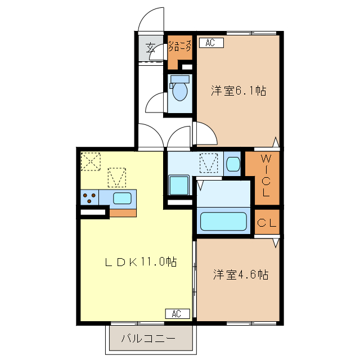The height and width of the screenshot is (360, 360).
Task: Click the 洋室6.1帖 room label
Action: pos(238,90)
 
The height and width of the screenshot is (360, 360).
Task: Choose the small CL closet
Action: pos(267,223)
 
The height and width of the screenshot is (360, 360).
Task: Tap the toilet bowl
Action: pos(181,91)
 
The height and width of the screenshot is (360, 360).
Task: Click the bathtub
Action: pos(224,220)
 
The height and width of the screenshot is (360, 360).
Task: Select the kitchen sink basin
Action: pos(122,198)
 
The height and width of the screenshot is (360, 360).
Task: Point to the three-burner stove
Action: pos(89,198)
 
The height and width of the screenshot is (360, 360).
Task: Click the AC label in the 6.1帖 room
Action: pos(210,43)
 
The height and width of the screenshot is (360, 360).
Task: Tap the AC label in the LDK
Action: pos(177,313)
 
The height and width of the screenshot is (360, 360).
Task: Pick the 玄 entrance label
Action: pos(151,48)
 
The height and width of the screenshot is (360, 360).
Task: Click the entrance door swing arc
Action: pos(152,20)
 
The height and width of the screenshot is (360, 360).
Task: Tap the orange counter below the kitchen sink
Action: pos(123,212)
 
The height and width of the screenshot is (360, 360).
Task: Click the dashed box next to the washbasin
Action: pos(209,163)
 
